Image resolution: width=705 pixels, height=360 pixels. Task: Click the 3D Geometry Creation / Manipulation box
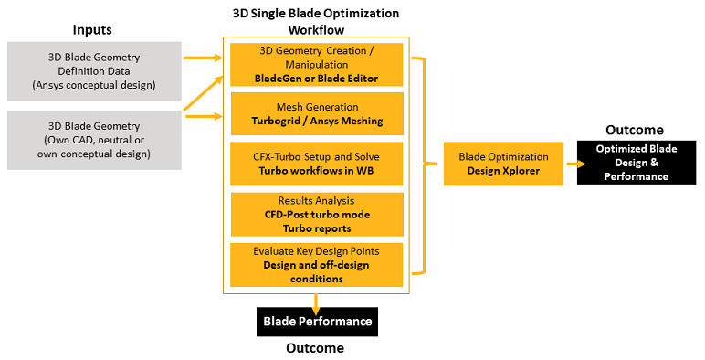point(316,65)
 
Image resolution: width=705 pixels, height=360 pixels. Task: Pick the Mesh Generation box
point(316,114)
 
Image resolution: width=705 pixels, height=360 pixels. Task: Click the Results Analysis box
point(316,213)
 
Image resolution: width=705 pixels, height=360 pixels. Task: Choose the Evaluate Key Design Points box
point(316,264)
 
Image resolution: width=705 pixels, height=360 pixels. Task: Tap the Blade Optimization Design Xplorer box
point(504,164)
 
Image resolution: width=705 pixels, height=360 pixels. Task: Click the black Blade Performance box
point(316,321)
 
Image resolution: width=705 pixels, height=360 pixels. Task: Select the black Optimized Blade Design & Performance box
point(637,163)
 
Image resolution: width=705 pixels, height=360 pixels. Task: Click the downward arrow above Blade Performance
point(316,301)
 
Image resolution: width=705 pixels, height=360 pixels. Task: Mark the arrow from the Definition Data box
point(203,58)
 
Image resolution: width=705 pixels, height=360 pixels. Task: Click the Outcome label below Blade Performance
point(315,348)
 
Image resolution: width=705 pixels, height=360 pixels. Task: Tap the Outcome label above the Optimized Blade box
point(636,130)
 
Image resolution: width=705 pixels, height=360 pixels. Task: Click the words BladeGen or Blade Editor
point(316,79)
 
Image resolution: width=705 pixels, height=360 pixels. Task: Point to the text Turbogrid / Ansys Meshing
point(316,122)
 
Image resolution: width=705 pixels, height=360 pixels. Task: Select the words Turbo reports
point(316,227)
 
